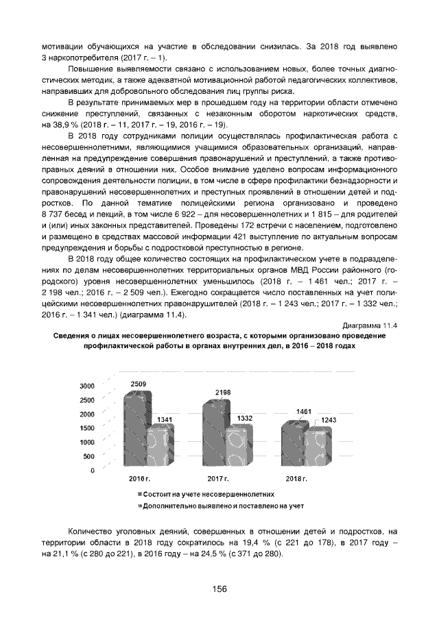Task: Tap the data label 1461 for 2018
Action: pyautogui.click(x=304, y=411)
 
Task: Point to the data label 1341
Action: pyautogui.click(x=165, y=419)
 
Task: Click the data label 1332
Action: pyautogui.click(x=244, y=417)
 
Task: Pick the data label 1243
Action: pyautogui.click(x=329, y=419)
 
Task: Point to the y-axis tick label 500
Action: pyautogui.click(x=89, y=457)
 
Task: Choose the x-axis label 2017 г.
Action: pyautogui.click(x=217, y=477)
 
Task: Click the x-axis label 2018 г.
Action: pyautogui.click(x=296, y=477)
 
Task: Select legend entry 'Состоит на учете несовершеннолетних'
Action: pyautogui.click(x=209, y=493)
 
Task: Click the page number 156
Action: pyautogui.click(x=219, y=588)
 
